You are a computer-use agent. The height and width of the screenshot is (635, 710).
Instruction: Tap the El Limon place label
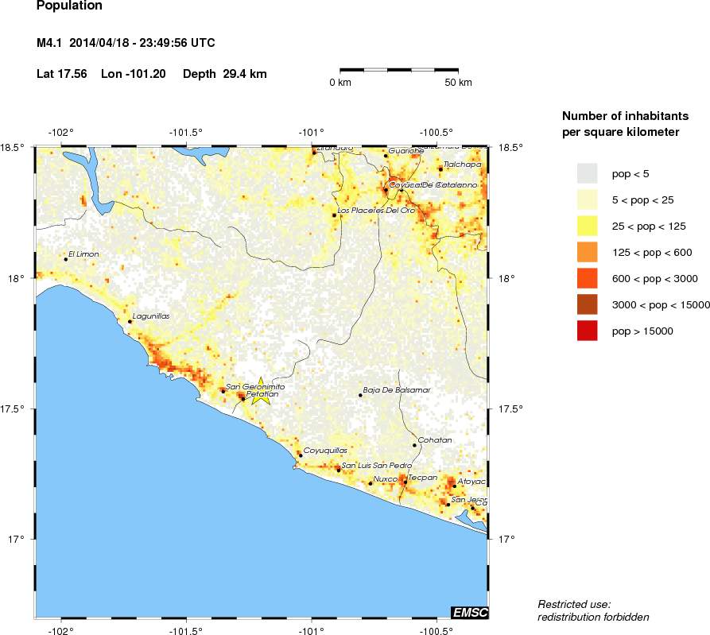pyautogui.click(x=83, y=254)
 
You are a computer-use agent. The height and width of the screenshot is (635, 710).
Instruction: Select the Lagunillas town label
pyautogui.click(x=151, y=316)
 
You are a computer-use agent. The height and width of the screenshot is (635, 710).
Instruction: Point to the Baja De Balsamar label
pyautogui.click(x=396, y=390)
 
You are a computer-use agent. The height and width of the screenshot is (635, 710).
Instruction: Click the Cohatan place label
pyautogui.click(x=435, y=440)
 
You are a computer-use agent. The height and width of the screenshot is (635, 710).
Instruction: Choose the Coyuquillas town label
pyautogui.click(x=326, y=451)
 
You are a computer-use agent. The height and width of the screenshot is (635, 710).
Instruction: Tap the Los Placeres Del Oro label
pyautogui.click(x=377, y=211)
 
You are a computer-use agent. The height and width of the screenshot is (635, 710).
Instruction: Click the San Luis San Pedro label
pyautogui.click(x=376, y=465)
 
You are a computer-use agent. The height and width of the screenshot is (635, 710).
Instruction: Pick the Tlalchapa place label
pyautogui.click(x=463, y=165)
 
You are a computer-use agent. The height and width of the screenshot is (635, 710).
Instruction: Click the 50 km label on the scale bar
pyautogui.click(x=458, y=83)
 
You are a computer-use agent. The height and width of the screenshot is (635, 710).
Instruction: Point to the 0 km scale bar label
pyautogui.click(x=340, y=83)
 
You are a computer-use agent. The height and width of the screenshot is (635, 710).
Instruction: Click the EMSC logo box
pyautogui.click(x=469, y=612)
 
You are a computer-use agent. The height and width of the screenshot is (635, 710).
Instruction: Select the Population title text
pyautogui.click(x=69, y=6)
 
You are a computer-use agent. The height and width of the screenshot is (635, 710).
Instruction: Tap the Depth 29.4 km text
pyautogui.click(x=224, y=74)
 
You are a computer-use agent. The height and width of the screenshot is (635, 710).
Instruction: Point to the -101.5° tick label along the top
pyautogui.click(x=186, y=133)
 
